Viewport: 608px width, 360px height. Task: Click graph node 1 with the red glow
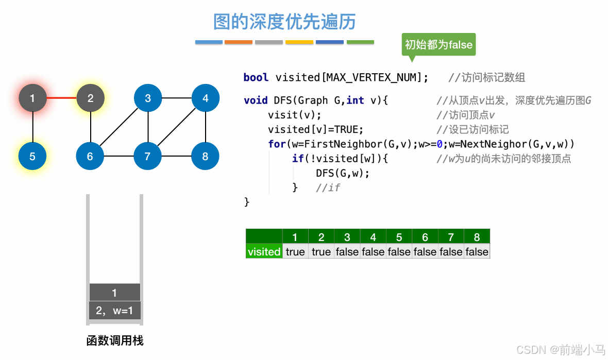[x=32, y=98]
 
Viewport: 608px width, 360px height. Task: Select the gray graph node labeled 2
[x=91, y=98]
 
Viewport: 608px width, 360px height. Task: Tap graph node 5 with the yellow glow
[x=32, y=156]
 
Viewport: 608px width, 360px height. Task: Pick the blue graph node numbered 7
[x=148, y=156]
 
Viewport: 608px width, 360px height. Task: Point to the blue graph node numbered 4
[x=206, y=98]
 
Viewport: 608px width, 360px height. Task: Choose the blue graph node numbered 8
[x=206, y=156]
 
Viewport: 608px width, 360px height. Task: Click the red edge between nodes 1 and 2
[x=61, y=98]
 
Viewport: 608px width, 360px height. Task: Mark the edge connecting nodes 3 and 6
[x=119, y=127]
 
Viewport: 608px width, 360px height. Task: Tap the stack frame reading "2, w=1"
[x=114, y=311]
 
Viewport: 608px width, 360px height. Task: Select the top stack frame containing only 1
[x=114, y=293]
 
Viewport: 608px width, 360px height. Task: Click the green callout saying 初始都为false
[x=438, y=45]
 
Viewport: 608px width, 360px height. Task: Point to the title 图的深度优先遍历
[x=284, y=22]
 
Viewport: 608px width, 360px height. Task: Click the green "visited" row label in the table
[x=264, y=252]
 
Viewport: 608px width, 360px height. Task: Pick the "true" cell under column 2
[x=321, y=252]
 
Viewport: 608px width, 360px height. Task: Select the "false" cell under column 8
[x=477, y=252]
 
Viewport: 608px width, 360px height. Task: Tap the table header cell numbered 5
[x=399, y=237]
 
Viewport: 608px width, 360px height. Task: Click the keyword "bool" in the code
[x=256, y=78]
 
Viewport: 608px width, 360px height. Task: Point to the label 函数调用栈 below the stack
[x=115, y=341]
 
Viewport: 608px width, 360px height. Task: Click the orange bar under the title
[x=239, y=42]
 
